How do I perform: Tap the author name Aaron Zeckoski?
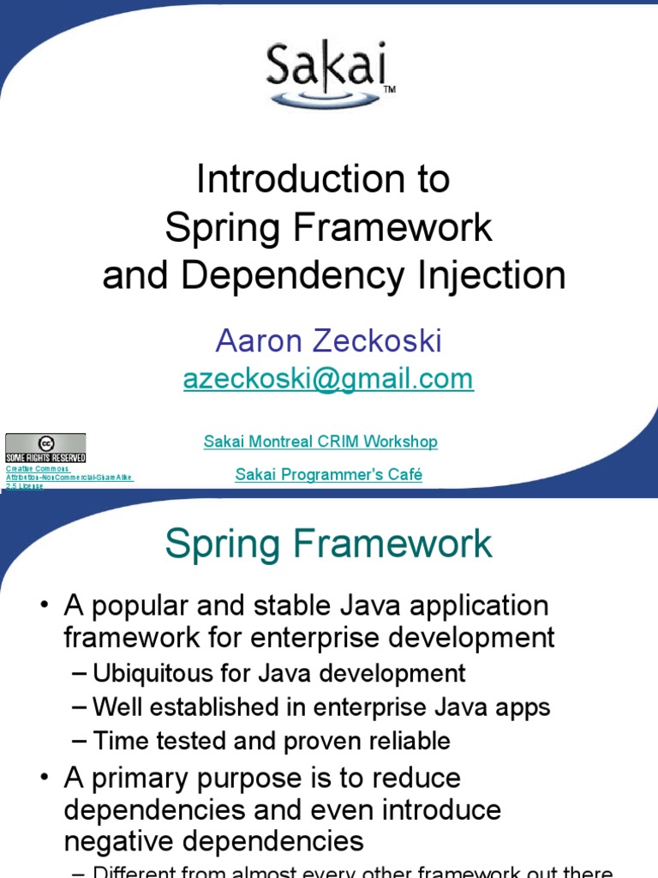(329, 341)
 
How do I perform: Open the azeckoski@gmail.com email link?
(328, 379)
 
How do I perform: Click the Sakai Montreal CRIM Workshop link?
(320, 442)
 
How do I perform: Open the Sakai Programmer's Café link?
(329, 475)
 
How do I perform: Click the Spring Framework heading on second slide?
(329, 544)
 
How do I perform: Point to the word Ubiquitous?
(164, 673)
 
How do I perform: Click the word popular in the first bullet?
(137, 606)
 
